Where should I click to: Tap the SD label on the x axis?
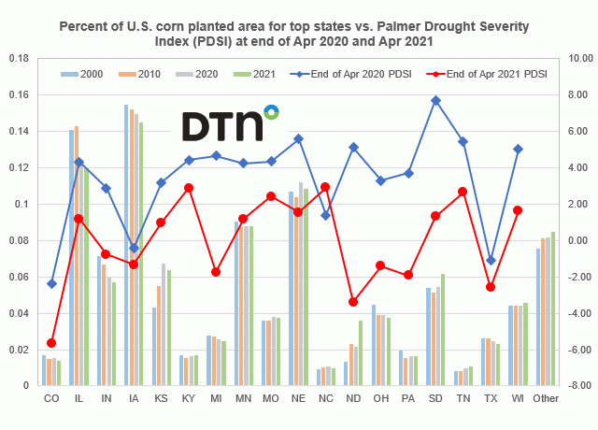435,398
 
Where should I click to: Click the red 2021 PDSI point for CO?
51,343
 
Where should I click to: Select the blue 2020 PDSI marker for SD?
435,100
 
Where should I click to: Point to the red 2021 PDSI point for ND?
353,302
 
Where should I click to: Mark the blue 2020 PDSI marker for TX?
491,260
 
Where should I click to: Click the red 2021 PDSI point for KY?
189,188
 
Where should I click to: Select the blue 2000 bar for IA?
126,245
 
